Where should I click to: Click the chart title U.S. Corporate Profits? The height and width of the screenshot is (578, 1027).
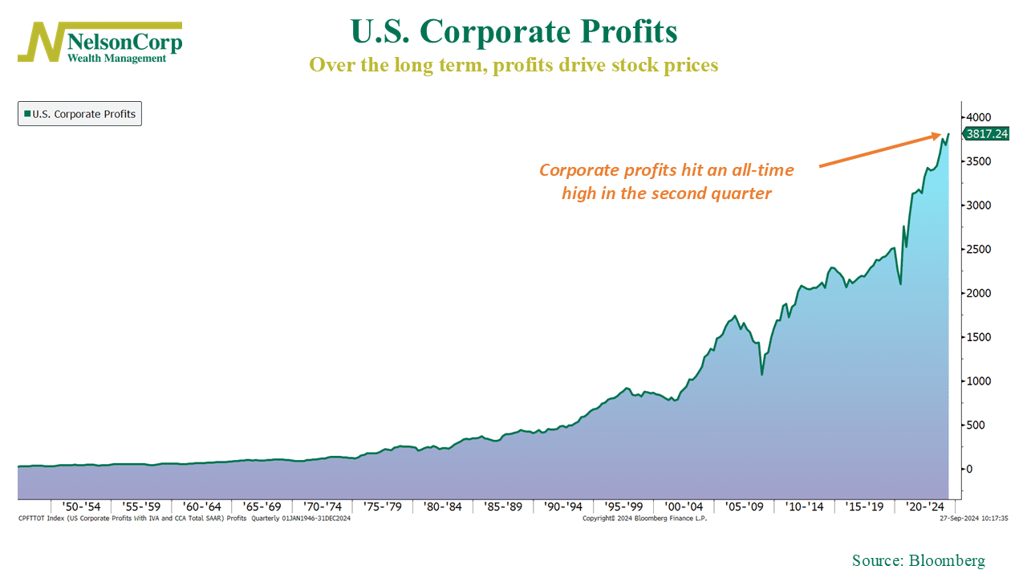tap(513, 32)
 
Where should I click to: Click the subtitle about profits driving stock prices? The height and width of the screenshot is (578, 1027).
tap(513, 65)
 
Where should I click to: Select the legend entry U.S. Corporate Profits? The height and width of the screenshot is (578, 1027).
tap(79, 114)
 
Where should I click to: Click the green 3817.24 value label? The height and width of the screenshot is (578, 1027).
tap(985, 134)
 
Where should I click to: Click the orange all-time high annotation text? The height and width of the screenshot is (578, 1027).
tap(666, 181)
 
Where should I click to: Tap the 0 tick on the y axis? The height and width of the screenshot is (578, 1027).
tap(970, 469)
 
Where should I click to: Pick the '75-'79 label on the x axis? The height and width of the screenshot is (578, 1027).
tap(384, 507)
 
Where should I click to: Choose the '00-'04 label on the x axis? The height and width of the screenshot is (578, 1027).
tap(684, 507)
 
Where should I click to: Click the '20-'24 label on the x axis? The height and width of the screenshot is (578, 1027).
tap(925, 507)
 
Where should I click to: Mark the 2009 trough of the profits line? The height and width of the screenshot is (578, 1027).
tap(761, 374)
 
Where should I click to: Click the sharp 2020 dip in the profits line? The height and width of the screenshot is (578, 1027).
tap(900, 283)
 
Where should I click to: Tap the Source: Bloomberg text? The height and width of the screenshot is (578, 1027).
tap(918, 560)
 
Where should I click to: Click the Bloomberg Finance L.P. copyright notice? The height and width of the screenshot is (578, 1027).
tap(644, 519)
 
